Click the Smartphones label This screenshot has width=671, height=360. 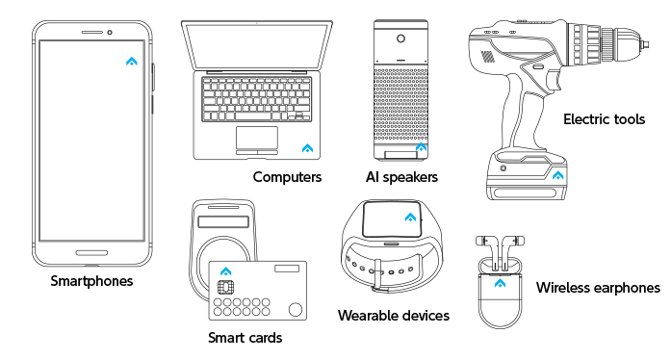pos(91,281)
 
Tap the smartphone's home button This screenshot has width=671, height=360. pos(91,253)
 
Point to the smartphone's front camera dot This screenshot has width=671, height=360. pos(110,33)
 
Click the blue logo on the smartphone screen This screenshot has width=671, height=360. pos(132,62)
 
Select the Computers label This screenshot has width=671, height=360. pos(287,177)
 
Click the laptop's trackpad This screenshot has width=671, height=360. pos(257,138)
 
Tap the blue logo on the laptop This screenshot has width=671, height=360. pos(307,148)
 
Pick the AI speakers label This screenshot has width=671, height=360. pos(401,177)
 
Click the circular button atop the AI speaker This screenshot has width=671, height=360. pos(401,39)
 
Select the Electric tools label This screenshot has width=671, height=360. pos(605,119)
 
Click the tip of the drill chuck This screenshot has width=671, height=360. pos(648,44)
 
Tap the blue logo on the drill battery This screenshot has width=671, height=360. pos(558,175)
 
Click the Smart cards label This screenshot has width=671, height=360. pos(245,338)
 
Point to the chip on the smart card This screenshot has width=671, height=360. pos(225,287)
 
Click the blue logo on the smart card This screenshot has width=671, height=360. pos(226,271)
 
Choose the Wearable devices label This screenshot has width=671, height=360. pos(394,316)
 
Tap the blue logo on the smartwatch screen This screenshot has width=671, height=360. pos(410,217)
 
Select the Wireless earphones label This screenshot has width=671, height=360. pos(598,288)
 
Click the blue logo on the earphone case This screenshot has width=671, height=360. pos(500,283)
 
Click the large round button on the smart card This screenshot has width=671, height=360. pos(296,310)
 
